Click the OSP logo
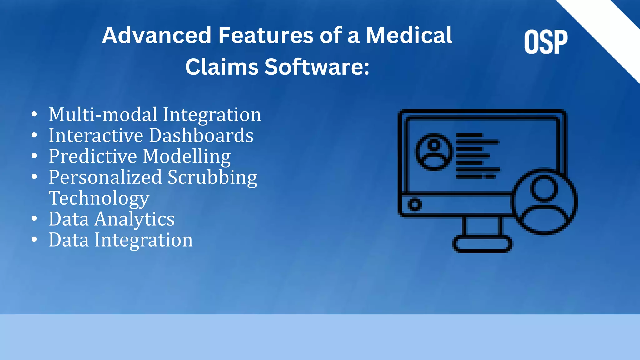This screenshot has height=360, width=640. (546, 42)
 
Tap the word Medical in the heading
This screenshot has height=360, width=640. (409, 35)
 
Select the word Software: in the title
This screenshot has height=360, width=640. (317, 67)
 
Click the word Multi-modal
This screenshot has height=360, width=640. (103, 114)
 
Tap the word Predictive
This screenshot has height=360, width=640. (93, 156)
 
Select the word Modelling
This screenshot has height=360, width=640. (187, 156)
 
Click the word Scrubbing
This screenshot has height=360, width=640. (212, 177)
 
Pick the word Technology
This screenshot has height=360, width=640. (99, 198)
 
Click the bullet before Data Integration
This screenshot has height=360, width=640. (34, 240)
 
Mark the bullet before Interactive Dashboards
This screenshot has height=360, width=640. (34, 135)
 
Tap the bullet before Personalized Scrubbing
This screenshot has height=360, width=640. (34, 177)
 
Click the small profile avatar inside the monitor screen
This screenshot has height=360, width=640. (433, 152)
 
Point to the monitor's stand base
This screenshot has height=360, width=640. (482, 244)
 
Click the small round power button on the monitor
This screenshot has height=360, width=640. (415, 205)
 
